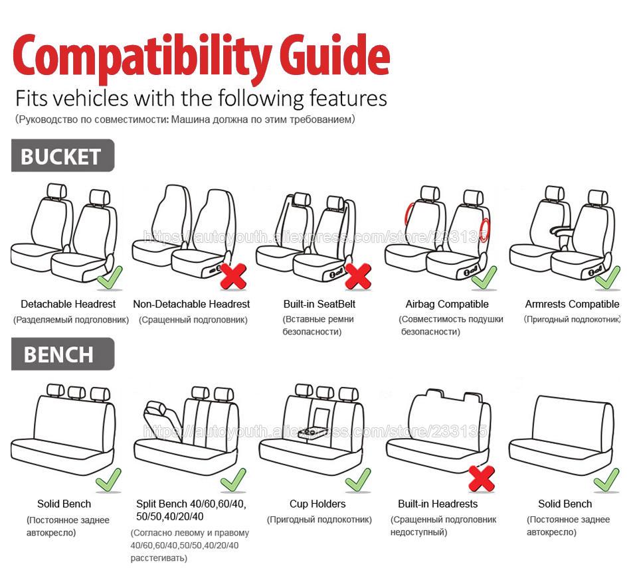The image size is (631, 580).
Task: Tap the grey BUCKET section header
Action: pos(62,156)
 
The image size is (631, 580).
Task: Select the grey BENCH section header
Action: pos(62,354)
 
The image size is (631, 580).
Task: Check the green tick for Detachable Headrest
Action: pos(109,277)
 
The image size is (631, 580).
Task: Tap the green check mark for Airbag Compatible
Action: pos(484,277)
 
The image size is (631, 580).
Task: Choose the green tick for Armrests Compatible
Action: pos(606,277)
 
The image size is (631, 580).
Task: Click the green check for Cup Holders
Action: pos(357,478)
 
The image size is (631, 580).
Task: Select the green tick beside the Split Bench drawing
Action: pos(233,478)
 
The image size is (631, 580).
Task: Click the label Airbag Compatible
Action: pos(446,304)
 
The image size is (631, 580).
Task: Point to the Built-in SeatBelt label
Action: pos(319,304)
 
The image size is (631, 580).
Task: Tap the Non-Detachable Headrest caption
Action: pos(191,304)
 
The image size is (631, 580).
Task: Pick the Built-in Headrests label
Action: pos(438,504)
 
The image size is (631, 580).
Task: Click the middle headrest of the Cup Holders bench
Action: pos(325,392)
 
